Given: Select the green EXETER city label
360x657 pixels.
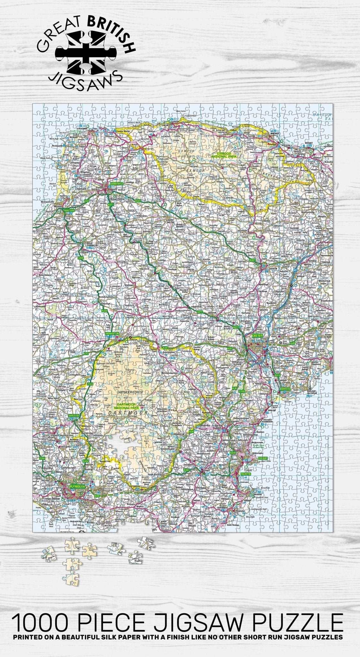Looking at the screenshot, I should click(257, 335).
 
